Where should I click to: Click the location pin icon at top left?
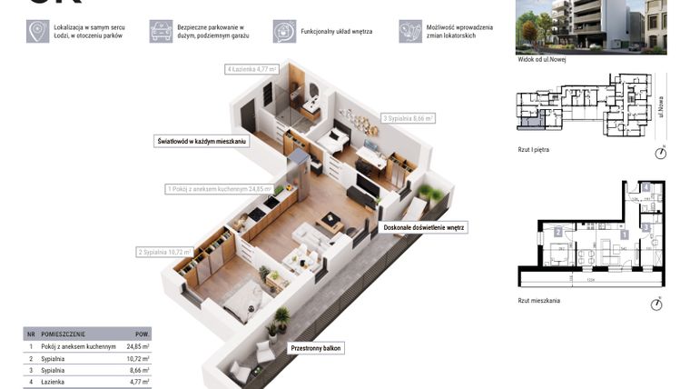pyautogui.click(x=37, y=32)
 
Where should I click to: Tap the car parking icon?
pyautogui.click(x=161, y=32)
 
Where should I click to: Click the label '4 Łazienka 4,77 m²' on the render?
pyautogui.click(x=251, y=69)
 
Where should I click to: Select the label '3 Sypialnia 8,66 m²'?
pyautogui.click(x=408, y=118)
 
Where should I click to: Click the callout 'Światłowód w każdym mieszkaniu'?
pyautogui.click(x=201, y=142)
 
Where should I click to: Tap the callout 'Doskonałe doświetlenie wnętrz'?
pyautogui.click(x=424, y=228)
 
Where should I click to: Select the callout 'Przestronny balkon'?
pyautogui.click(x=317, y=348)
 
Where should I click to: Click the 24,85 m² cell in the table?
pyautogui.click(x=137, y=346)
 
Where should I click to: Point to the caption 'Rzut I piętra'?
pyautogui.click(x=534, y=149)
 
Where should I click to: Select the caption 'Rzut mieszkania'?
pyautogui.click(x=539, y=300)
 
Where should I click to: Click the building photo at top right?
pyautogui.click(x=590, y=25)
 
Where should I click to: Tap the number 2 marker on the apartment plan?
pyautogui.click(x=557, y=233)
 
